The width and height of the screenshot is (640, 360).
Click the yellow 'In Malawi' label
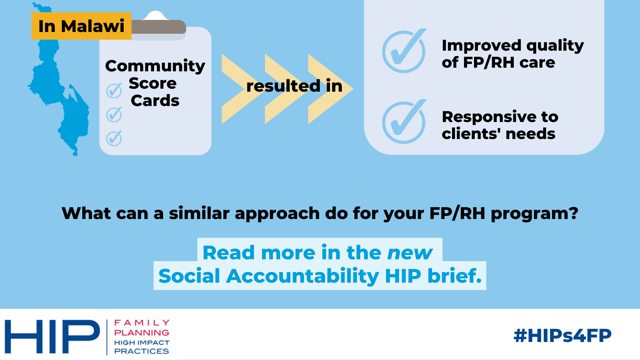tap(81, 26)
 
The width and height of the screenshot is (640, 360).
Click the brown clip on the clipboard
tap(159, 27)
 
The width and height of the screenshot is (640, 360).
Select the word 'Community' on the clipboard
tap(155, 66)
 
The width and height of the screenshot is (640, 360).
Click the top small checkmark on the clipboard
tap(114, 91)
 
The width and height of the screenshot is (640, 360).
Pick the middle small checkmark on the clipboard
tap(114, 115)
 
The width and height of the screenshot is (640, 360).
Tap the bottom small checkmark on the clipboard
tap(114, 138)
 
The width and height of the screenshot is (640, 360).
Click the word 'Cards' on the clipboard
tap(155, 101)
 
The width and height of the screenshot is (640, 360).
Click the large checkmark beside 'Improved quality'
tap(404, 51)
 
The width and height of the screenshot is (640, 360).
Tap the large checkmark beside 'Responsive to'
tap(404, 122)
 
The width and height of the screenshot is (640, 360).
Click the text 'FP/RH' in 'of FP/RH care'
tap(489, 62)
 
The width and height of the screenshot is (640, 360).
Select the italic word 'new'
tap(410, 253)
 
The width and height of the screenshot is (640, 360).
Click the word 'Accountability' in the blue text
tap(303, 276)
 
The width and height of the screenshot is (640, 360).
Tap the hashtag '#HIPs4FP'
tap(563, 335)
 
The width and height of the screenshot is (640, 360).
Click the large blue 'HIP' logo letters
tap(52, 337)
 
